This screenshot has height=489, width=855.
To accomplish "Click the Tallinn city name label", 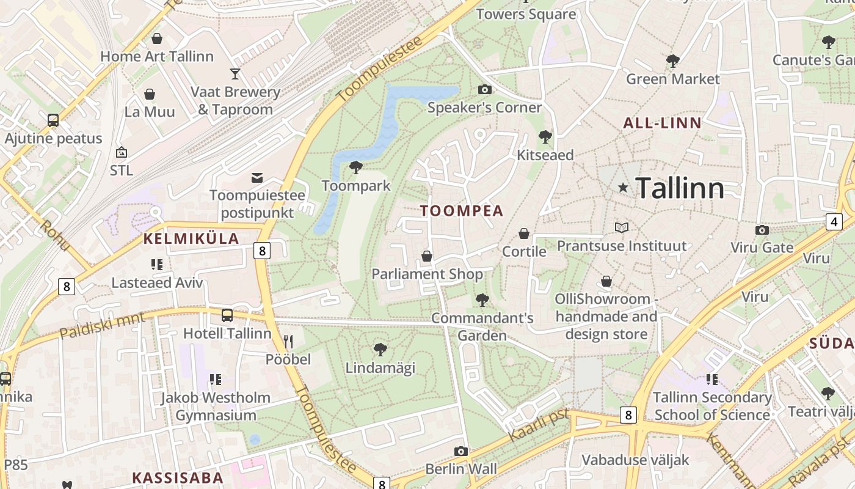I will pyautogui.click(x=680, y=188).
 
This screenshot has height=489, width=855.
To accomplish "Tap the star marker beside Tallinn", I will pyautogui.click(x=623, y=188).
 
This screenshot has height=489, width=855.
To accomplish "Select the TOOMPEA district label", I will pyautogui.click(x=462, y=211).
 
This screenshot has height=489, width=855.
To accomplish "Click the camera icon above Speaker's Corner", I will pyautogui.click(x=485, y=90).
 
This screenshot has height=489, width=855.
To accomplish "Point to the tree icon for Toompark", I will pyautogui.click(x=355, y=167).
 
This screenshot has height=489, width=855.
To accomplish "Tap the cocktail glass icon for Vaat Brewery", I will pyautogui.click(x=235, y=74).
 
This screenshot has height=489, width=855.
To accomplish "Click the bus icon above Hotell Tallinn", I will pyautogui.click(x=227, y=315).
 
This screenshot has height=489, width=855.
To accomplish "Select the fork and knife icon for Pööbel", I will pyautogui.click(x=288, y=341).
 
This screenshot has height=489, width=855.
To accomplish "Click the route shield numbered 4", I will pyautogui.click(x=834, y=221).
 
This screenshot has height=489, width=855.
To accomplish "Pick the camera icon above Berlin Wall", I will pyautogui.click(x=461, y=451).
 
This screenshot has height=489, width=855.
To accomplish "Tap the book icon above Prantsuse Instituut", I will pyautogui.click(x=622, y=227).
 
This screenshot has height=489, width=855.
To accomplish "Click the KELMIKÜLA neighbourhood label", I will pyautogui.click(x=191, y=239).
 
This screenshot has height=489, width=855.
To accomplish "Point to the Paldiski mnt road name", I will pyautogui.click(x=103, y=326).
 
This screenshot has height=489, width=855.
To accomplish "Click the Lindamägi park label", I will pyautogui.click(x=380, y=367).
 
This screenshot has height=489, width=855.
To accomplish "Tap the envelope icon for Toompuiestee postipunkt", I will pyautogui.click(x=257, y=178).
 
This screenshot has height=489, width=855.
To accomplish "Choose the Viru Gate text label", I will pyautogui.click(x=762, y=248).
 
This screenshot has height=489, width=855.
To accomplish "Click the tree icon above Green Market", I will pyautogui.click(x=672, y=61).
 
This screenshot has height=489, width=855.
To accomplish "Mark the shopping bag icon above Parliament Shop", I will pyautogui.click(x=427, y=256).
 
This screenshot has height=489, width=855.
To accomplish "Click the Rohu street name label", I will pyautogui.click(x=56, y=235).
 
